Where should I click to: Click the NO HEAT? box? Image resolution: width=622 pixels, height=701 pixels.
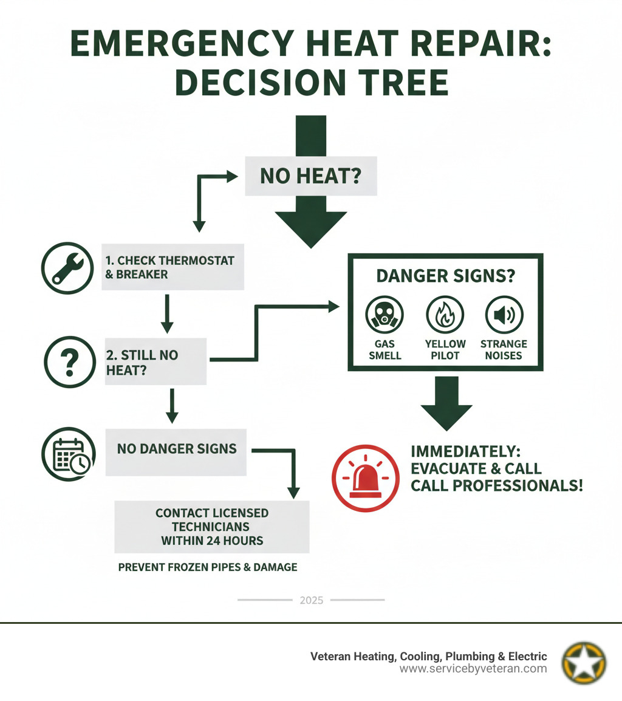pyautogui.click(x=310, y=176)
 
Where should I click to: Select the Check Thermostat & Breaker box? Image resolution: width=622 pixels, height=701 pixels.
pyautogui.click(x=173, y=267)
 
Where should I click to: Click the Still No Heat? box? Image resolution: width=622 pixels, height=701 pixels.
pyautogui.click(x=155, y=362)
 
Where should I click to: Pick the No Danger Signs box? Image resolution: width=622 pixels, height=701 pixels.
pyautogui.click(x=176, y=450)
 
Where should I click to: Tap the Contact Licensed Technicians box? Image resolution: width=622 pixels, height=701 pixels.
pyautogui.click(x=211, y=526)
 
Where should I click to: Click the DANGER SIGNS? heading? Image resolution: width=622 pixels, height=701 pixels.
pyautogui.click(x=445, y=276)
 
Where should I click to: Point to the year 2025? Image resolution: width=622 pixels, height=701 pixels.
pyautogui.click(x=312, y=600)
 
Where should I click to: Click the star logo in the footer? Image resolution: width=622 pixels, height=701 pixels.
pyautogui.click(x=584, y=662)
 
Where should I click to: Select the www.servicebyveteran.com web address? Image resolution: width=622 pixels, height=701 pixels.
pyautogui.click(x=473, y=669)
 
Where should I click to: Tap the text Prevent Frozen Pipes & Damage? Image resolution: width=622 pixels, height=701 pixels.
pyautogui.click(x=207, y=567)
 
